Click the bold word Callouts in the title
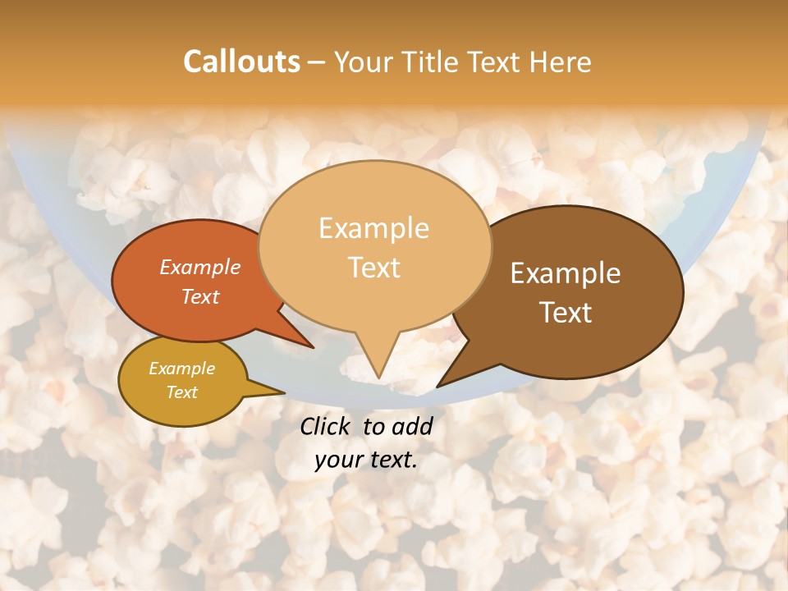[241, 62]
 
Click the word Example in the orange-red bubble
[200, 267]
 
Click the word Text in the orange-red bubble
[200, 296]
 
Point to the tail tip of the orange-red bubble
[313, 347]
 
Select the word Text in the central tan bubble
[373, 267]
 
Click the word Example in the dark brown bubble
[566, 273]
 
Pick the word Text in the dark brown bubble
[566, 312]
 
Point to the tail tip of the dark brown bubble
[438, 386]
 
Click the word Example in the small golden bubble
[182, 369]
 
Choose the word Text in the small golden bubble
[182, 392]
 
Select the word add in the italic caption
[414, 426]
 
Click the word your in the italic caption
[338, 460]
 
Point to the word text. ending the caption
[392, 460]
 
